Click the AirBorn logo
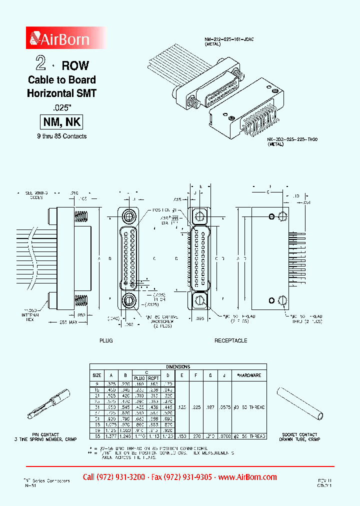click(x=60, y=38)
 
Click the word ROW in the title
click(x=75, y=65)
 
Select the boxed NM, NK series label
click(x=60, y=122)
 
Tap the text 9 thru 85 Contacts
click(x=61, y=136)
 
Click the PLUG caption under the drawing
click(x=105, y=340)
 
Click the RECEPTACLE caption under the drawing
click(x=230, y=340)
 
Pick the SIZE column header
click(x=96, y=375)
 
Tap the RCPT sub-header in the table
click(x=153, y=378)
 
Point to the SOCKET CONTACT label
click(x=301, y=434)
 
